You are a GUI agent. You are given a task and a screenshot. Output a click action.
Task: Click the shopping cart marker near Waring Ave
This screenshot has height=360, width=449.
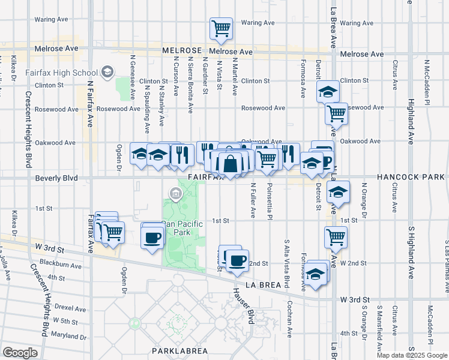click(221, 28)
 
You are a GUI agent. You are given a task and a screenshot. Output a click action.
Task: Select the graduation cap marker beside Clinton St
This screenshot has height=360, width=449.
click(328, 92)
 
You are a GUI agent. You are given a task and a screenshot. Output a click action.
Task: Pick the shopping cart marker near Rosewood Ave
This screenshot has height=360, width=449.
click(336, 112)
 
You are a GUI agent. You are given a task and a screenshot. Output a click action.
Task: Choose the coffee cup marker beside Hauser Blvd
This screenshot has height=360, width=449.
click(238, 260)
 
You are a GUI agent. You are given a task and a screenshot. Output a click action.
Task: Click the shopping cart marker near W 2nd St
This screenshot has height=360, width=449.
click(336, 236)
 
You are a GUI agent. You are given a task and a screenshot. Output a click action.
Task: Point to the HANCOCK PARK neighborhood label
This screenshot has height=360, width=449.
click(412, 178)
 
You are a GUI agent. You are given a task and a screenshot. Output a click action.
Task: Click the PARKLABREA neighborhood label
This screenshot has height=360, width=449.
click(175, 350)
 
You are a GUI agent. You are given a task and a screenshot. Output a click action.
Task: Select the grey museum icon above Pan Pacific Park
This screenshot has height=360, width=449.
click(175, 193)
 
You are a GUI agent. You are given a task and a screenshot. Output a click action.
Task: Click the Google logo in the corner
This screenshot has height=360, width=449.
click(20, 353)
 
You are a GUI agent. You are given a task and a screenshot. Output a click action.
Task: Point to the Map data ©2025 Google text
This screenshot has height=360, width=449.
click(411, 355)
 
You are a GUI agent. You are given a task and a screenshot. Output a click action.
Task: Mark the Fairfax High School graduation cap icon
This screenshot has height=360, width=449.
click(107, 73)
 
